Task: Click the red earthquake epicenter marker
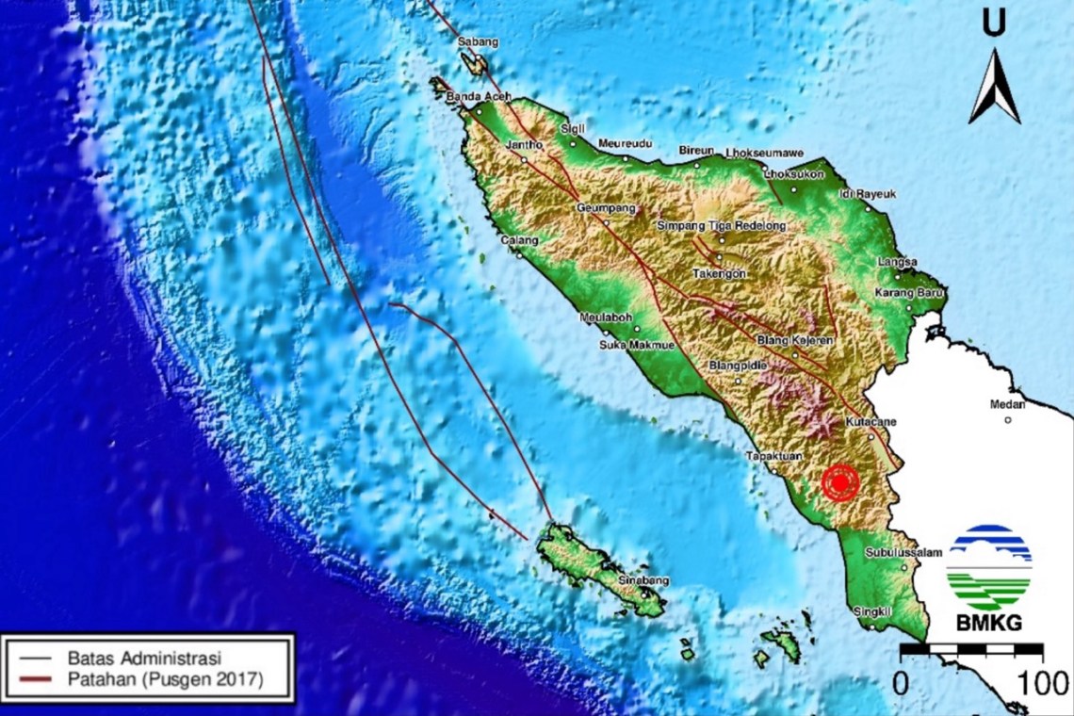(839, 482)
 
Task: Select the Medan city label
(1007, 405)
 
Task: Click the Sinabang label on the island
(643, 581)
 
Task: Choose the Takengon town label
(720, 273)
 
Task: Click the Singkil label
(871, 612)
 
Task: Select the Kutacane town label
(871, 421)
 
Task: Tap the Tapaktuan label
(773, 457)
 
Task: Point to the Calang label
(519, 241)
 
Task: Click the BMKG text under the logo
(988, 624)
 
